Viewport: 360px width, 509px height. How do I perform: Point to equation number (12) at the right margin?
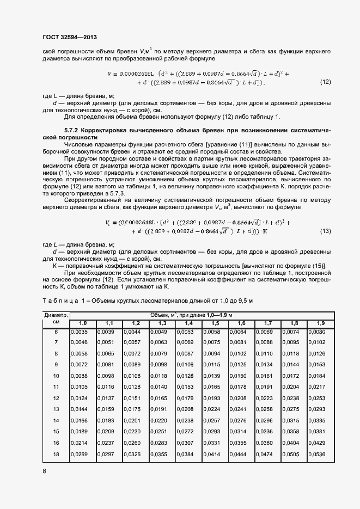coord(326,83)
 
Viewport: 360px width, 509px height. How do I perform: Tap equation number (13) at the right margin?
coord(326,231)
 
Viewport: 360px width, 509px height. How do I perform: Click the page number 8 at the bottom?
coord(45,471)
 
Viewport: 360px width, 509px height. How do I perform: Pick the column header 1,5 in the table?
coord(215,323)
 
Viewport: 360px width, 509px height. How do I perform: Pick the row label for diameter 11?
coord(56,387)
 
